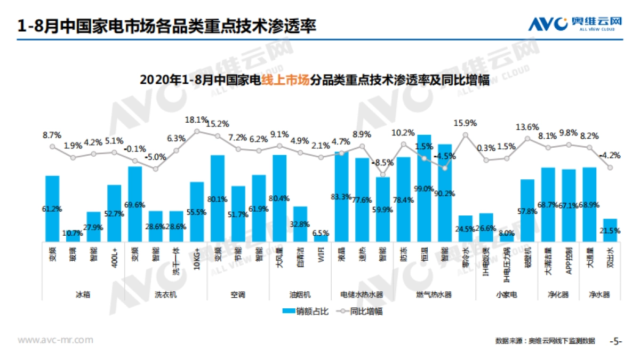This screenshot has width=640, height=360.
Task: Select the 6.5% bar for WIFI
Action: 321,238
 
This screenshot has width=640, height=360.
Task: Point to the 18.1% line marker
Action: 197,131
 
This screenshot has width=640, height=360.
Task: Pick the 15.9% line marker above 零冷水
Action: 466,134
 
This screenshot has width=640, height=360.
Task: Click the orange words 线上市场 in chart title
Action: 289,80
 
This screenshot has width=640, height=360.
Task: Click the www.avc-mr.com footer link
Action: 55,340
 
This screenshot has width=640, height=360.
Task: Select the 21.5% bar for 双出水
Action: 610,230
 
